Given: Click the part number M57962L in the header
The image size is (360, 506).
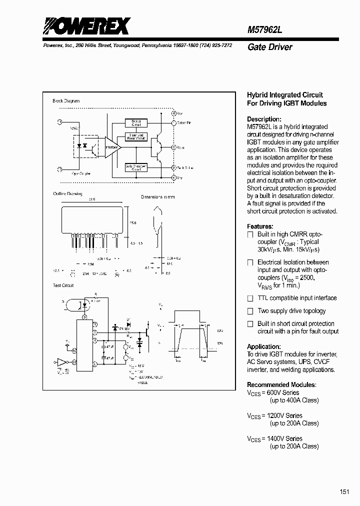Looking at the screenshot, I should [265, 29].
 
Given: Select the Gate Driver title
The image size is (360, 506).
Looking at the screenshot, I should [269, 47].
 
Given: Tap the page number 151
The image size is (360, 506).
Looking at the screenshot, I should [344, 492].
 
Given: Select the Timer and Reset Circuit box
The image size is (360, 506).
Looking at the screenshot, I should [136, 137].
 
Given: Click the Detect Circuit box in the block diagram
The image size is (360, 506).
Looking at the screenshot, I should [136, 122].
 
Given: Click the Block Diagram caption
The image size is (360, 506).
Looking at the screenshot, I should [66, 101].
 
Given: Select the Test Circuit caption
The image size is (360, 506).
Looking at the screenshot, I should [63, 285].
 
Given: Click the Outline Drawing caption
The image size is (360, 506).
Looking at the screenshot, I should [67, 193].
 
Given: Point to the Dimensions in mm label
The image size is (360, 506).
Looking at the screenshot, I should [157, 197].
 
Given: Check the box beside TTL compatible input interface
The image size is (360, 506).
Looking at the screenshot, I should [250, 298].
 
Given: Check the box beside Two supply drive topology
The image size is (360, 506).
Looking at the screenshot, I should [250, 311].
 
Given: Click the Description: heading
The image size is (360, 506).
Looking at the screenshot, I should [264, 119].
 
